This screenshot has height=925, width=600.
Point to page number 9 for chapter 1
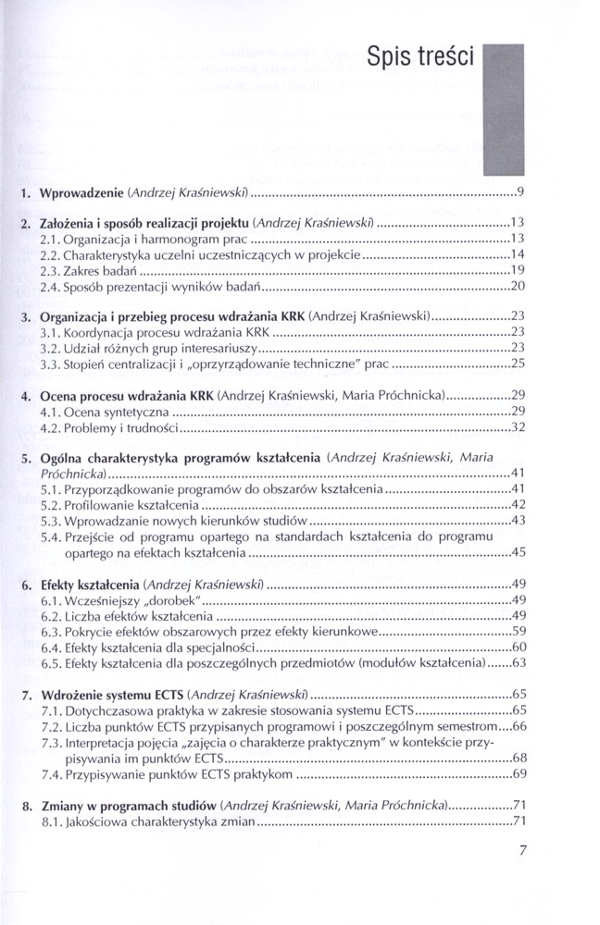521,193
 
